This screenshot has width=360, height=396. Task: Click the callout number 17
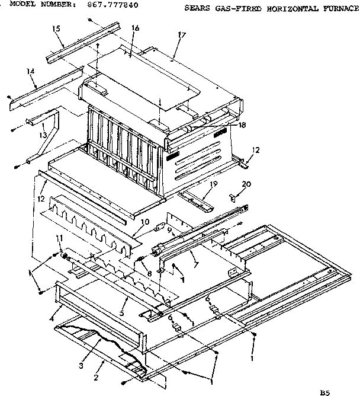(182, 34)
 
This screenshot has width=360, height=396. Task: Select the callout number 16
(136, 29)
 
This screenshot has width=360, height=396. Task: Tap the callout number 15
(56, 28)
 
